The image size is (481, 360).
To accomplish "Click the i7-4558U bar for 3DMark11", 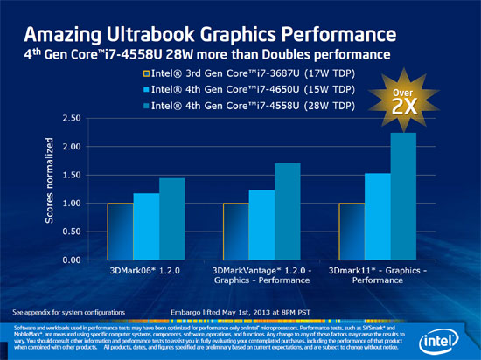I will click(x=403, y=197).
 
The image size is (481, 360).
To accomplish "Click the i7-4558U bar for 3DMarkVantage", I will click(x=288, y=211).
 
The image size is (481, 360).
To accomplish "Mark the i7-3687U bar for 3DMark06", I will click(x=119, y=232).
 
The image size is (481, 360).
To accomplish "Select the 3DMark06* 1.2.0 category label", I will click(x=145, y=272).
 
